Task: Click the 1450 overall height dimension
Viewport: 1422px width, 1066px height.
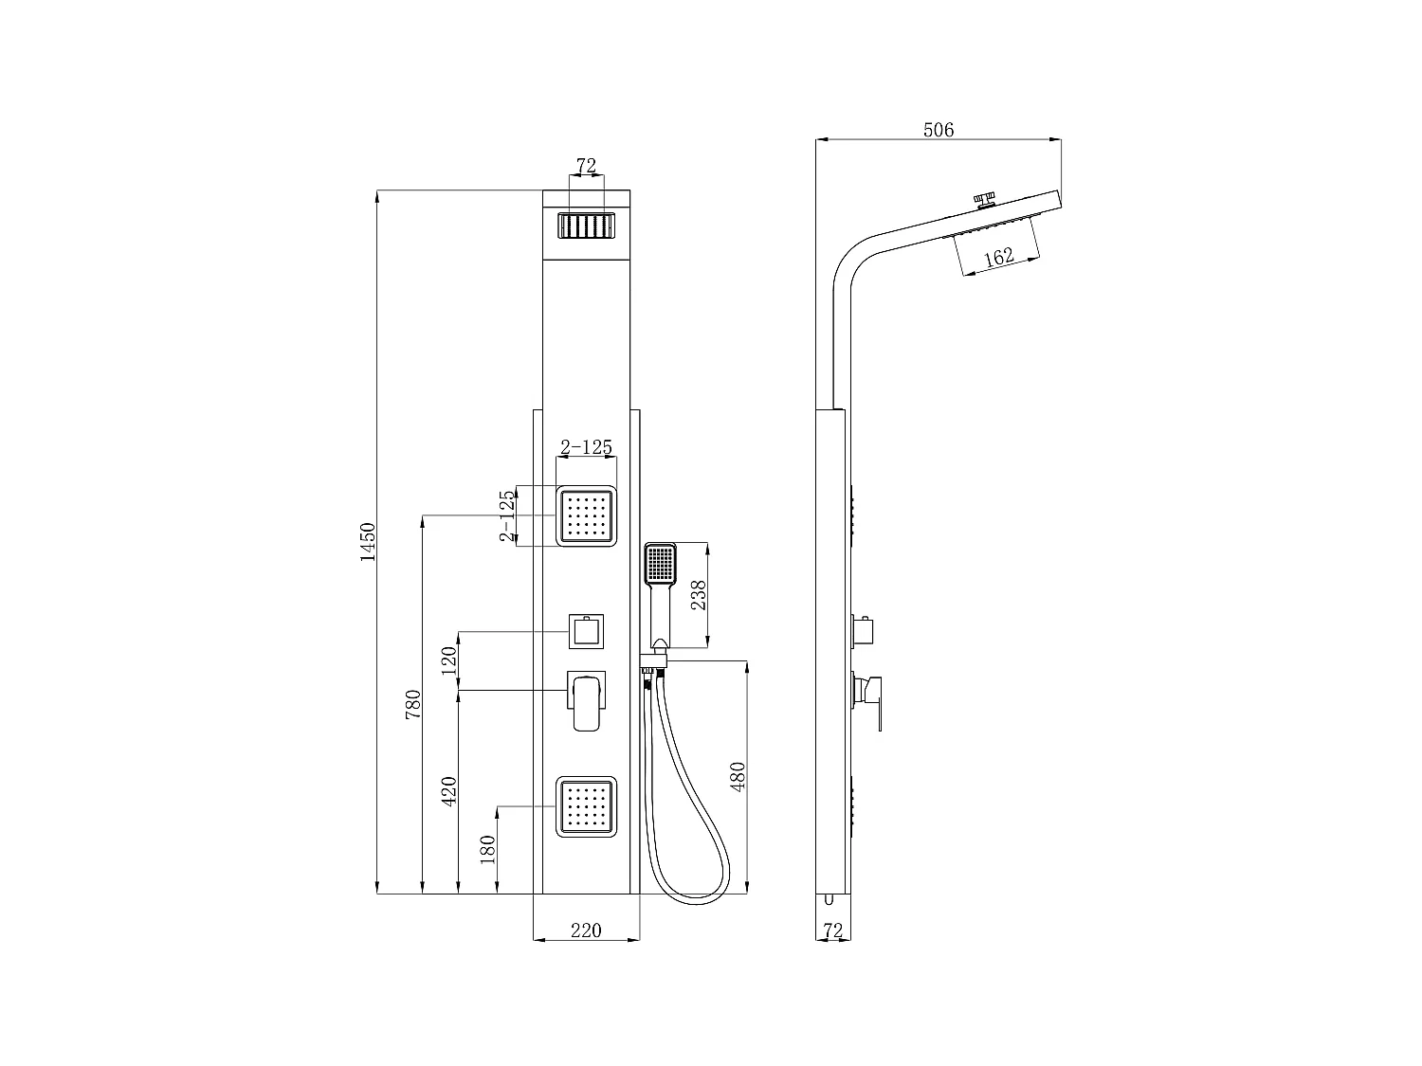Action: tap(368, 542)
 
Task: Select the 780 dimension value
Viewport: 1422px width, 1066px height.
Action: tap(413, 705)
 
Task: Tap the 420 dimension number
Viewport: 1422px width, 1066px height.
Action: tap(450, 790)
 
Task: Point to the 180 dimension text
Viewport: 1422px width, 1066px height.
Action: tap(488, 849)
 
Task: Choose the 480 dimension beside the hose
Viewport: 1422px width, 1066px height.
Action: tap(739, 776)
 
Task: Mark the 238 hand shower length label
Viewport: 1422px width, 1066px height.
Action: tap(699, 595)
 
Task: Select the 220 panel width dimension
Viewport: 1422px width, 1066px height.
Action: tap(586, 930)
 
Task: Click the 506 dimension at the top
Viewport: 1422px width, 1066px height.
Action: tap(939, 130)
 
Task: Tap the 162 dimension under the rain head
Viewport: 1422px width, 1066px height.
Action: tap(999, 256)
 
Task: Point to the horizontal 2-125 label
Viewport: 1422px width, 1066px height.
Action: tap(586, 446)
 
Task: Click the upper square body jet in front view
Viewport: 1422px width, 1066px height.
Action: tap(586, 516)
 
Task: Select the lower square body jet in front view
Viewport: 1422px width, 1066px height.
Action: tap(586, 806)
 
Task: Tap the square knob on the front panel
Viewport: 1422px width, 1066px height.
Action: tap(586, 631)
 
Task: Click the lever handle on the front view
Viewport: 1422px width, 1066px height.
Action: tap(587, 702)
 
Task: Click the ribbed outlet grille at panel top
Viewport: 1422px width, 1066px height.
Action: tap(586, 226)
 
